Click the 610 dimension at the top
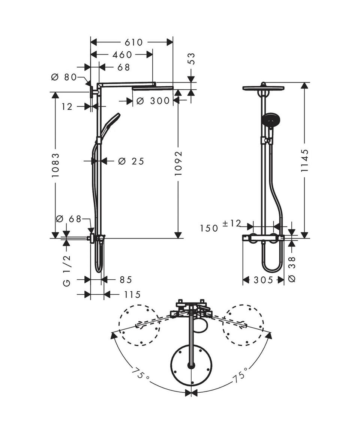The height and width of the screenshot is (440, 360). (x=134, y=42)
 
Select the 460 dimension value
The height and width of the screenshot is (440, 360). (x=122, y=55)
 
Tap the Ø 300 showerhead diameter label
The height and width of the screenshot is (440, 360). (x=153, y=101)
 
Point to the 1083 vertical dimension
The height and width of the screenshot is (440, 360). (x=55, y=165)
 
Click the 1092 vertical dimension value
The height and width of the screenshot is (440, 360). (x=178, y=163)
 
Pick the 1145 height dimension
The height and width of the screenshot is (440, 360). (x=304, y=160)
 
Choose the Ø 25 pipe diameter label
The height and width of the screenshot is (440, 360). (x=131, y=161)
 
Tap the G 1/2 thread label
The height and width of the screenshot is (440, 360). (x=67, y=271)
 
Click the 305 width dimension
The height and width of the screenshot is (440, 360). (x=263, y=280)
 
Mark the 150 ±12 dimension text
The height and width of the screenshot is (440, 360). (x=220, y=226)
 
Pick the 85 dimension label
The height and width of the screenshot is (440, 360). (x=126, y=280)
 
